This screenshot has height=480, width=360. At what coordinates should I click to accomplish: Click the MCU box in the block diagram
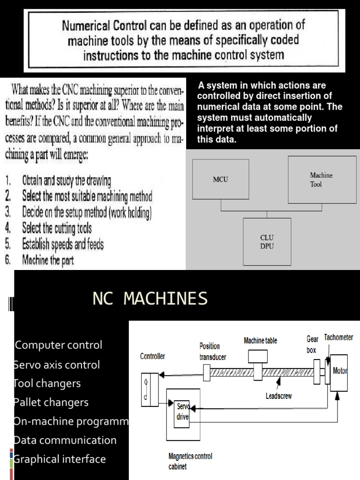pos(220,180)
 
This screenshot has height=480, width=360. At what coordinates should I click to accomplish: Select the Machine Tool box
pos(322,180)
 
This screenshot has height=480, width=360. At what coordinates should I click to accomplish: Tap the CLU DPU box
pos(267,242)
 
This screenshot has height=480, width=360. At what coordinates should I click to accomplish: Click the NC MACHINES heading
pos(150,298)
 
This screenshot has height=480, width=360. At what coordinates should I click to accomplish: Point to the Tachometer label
pos(338,337)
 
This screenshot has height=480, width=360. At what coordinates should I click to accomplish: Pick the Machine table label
pos(260,340)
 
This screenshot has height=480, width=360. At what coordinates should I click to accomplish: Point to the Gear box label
pos(312,344)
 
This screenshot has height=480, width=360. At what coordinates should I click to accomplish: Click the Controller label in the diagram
pos(153,356)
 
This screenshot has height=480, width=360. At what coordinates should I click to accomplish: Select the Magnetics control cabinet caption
pos(190,461)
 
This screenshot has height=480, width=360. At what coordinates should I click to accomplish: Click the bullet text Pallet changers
pos(51,402)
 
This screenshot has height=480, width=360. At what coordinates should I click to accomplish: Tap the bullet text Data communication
pos(65,440)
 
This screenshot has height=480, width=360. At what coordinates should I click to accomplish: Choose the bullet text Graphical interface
pos(60,459)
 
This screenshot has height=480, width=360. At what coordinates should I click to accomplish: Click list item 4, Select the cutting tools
pos(57,228)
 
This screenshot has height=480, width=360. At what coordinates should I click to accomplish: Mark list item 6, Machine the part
pos(48,260)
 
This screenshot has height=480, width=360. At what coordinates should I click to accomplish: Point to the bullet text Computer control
pos(59,345)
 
